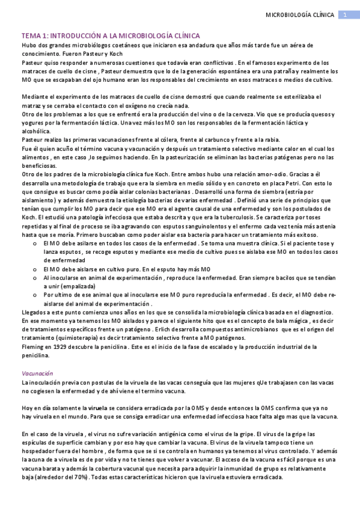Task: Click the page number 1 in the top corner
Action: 346,14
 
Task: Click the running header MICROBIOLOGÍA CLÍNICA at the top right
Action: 300,14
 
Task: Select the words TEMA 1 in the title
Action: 33,37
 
